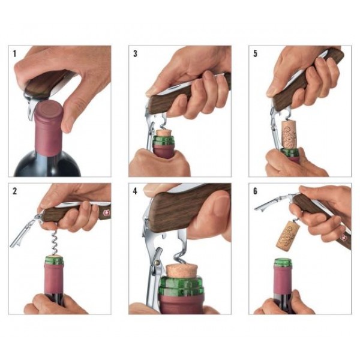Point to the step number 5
click(x=255, y=53)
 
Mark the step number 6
click(x=255, y=191)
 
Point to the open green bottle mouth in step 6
click(x=283, y=262)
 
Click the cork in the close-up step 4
click(x=181, y=269)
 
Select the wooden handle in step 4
click(x=186, y=207)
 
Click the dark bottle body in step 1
click(x=45, y=165)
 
